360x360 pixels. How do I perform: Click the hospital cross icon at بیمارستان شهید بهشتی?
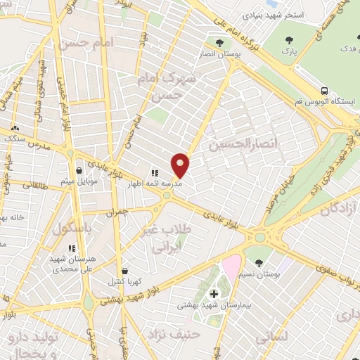point(214,292)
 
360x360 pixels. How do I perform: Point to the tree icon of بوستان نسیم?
point(259,262)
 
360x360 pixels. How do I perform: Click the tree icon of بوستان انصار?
point(219,42)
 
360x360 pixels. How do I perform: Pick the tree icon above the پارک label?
point(289,40)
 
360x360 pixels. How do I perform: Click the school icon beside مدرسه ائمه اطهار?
point(155,172)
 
